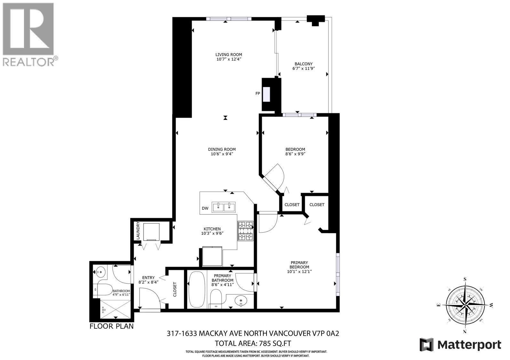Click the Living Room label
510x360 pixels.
pyautogui.click(x=228, y=54)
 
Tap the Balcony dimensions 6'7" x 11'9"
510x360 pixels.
pyautogui.click(x=303, y=68)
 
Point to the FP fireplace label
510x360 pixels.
pyautogui.click(x=258, y=93)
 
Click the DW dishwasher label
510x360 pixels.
pyautogui.click(x=205, y=208)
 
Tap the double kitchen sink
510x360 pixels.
pyautogui.click(x=224, y=207)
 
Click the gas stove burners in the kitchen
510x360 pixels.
pyautogui.click(x=245, y=231)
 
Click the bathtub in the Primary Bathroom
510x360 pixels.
pyautogui.click(x=196, y=290)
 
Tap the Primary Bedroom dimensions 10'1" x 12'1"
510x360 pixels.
pyautogui.click(x=299, y=271)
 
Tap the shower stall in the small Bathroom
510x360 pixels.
pyautogui.click(x=115, y=309)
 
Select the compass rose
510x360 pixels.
pyautogui.click(x=465, y=305)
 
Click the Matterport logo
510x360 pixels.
pyautogui.click(x=460, y=345)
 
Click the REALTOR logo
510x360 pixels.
pyautogui.click(x=29, y=34)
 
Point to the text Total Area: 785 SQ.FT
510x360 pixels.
pyautogui.click(x=252, y=343)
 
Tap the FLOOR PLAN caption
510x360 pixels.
pyautogui.click(x=111, y=326)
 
